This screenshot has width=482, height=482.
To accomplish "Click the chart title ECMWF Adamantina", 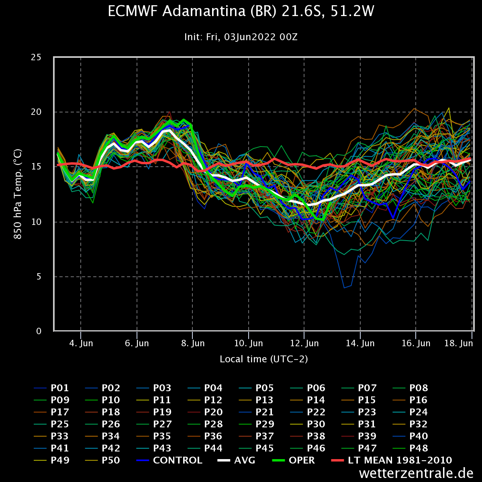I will pos(241,12).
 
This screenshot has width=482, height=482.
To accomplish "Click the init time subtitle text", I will pos(241,37).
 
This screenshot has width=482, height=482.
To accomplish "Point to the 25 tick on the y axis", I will pos(36,57).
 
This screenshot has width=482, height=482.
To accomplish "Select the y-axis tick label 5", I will pos(39,276).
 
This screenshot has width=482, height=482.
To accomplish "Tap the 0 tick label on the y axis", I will pos(39,331).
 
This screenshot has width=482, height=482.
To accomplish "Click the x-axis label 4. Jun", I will pos(81,343).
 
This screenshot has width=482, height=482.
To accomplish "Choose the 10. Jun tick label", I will pos(249,343).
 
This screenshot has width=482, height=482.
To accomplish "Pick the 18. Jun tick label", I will pos(460,343).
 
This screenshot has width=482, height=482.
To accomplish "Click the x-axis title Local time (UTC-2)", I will pos(263,359).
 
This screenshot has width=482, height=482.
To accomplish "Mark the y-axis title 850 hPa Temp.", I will pos(18,194).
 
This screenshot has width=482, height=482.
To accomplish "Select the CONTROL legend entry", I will pos(178,460).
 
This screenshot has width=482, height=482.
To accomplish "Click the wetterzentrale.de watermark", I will pos(417,473).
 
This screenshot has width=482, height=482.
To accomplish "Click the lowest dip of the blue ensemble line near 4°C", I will pos(344,288).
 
